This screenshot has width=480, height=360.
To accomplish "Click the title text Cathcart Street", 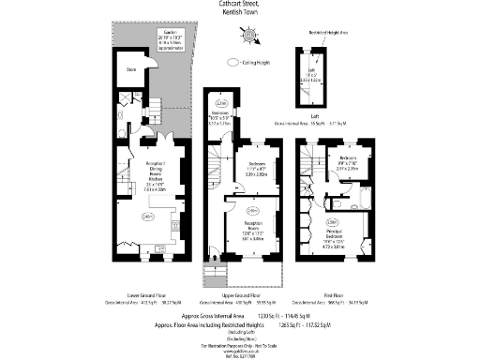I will tap(241, 6).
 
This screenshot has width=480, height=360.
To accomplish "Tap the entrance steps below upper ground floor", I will tap(217, 276).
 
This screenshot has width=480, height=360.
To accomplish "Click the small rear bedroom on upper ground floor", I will tap(222, 117).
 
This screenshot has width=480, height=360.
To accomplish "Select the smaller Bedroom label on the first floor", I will tap(348, 158).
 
